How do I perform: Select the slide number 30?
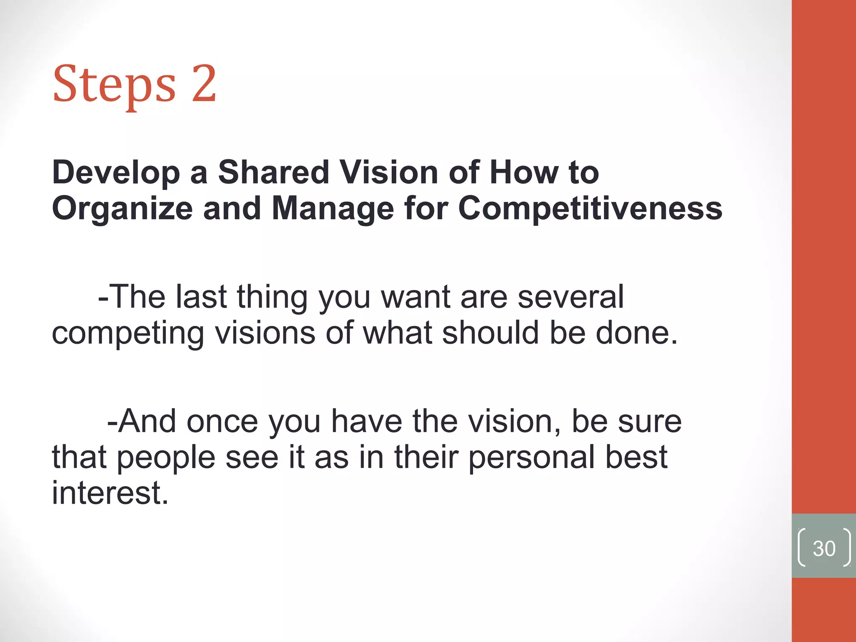click(824, 548)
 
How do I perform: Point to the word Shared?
click(274, 172)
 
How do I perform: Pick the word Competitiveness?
click(590, 209)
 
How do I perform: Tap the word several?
click(571, 297)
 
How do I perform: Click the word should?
click(490, 333)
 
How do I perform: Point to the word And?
click(142, 421)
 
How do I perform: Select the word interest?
click(110, 493)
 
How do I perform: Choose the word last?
click(201, 297)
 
